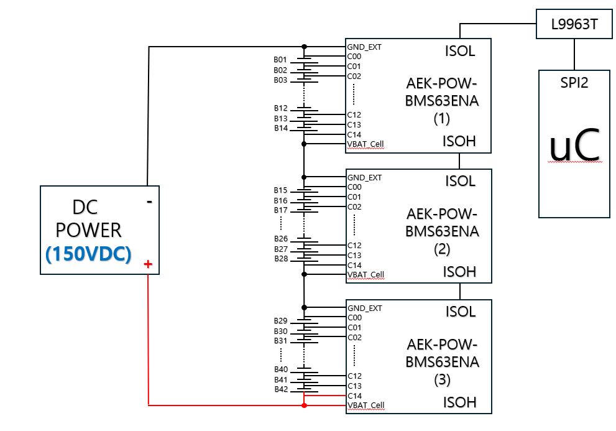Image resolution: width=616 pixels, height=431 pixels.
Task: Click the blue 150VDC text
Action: click(88, 254)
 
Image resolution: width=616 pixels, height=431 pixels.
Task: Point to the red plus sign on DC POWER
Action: click(148, 265)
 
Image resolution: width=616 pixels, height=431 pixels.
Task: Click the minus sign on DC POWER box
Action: click(149, 202)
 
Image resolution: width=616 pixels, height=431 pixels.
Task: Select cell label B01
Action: click(280, 60)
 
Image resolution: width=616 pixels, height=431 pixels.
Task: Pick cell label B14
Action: click(280, 128)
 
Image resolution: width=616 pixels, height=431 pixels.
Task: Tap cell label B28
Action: click(280, 259)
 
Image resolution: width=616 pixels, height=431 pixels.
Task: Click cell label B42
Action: click(280, 389)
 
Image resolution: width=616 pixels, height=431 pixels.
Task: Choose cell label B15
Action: click(280, 190)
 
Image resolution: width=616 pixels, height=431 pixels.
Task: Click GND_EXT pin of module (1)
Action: click(364, 47)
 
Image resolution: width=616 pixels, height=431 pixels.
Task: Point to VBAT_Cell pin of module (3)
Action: click(365, 405)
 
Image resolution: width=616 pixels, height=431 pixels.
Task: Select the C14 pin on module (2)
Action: click(354, 265)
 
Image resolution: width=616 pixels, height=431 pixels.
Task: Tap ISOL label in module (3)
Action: click(460, 311)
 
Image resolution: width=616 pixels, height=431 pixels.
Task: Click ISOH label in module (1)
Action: click(459, 141)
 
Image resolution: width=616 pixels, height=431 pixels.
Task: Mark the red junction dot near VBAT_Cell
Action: click(304, 406)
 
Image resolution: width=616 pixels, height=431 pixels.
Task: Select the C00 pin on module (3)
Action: click(354, 317)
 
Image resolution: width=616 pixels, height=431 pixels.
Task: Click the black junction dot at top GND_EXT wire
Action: click(304, 47)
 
